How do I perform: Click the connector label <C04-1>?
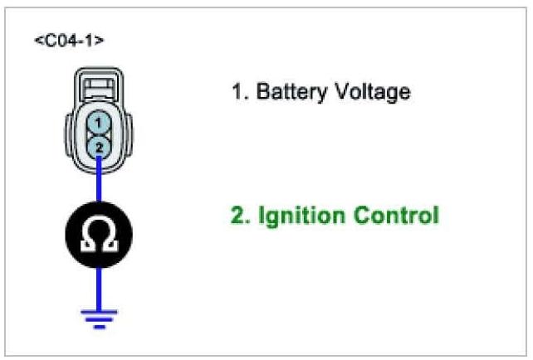tap(69, 40)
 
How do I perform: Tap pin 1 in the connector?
tap(99, 124)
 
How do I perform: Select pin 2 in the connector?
tap(99, 146)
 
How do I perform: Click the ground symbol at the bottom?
tap(100, 317)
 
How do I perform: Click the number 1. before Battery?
tap(239, 91)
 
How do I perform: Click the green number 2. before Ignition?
tap(240, 216)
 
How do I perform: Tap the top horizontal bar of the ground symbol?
tap(100, 310)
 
